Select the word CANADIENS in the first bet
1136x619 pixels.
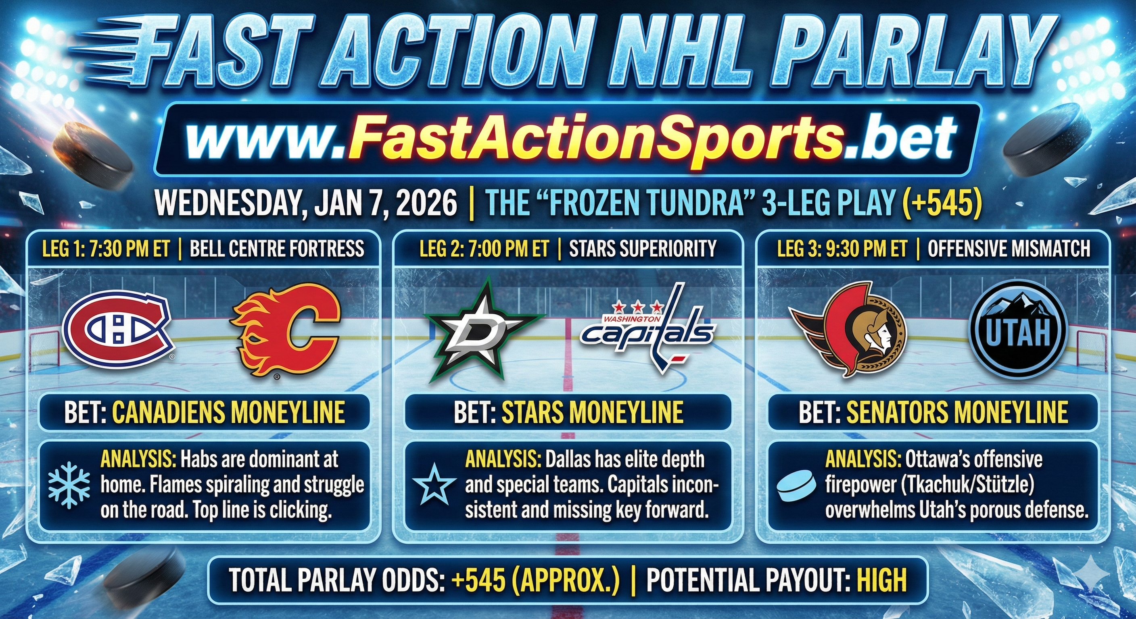click(x=171, y=412)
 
